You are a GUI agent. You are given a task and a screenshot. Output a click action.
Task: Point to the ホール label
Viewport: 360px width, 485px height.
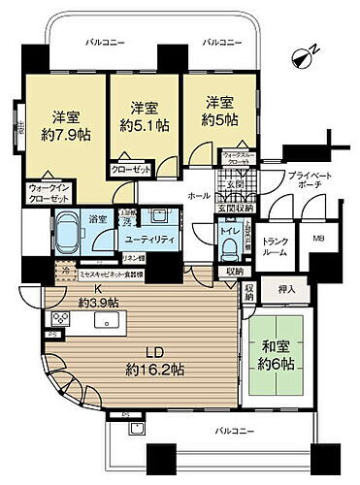tap(196, 194)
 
